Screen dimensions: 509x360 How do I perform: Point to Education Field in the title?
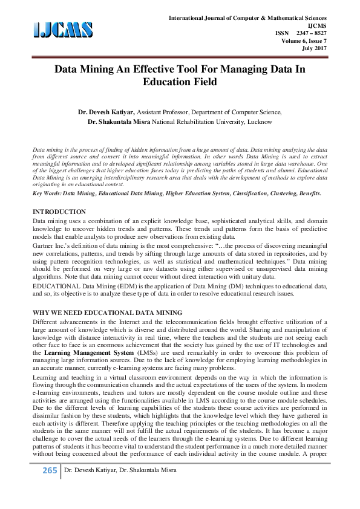coord(180,82)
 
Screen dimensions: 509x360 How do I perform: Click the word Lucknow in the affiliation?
coord(258,122)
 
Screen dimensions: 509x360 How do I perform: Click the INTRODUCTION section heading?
coord(59,212)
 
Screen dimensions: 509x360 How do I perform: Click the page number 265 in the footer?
coord(48,488)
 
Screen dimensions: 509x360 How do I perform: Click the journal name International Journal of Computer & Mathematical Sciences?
coord(248,19)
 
